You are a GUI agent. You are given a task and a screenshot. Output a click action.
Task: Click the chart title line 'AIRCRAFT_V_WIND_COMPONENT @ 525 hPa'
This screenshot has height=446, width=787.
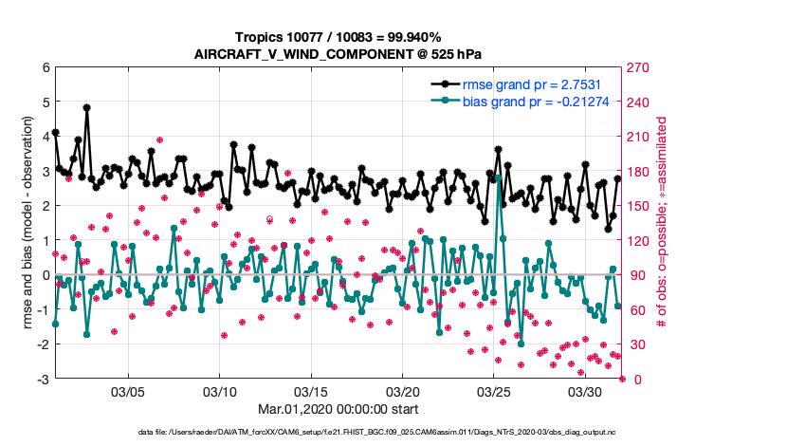pos(338,54)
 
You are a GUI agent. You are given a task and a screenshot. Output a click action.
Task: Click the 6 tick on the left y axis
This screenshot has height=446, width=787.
pos(45,68)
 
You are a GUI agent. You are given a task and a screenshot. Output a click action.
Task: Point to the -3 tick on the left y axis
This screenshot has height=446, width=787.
pos(43,380)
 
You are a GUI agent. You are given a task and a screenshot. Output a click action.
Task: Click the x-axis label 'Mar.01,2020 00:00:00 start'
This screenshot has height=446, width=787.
pos(339,411)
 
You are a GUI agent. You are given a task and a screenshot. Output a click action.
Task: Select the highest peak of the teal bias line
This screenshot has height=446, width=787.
pos(499,177)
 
